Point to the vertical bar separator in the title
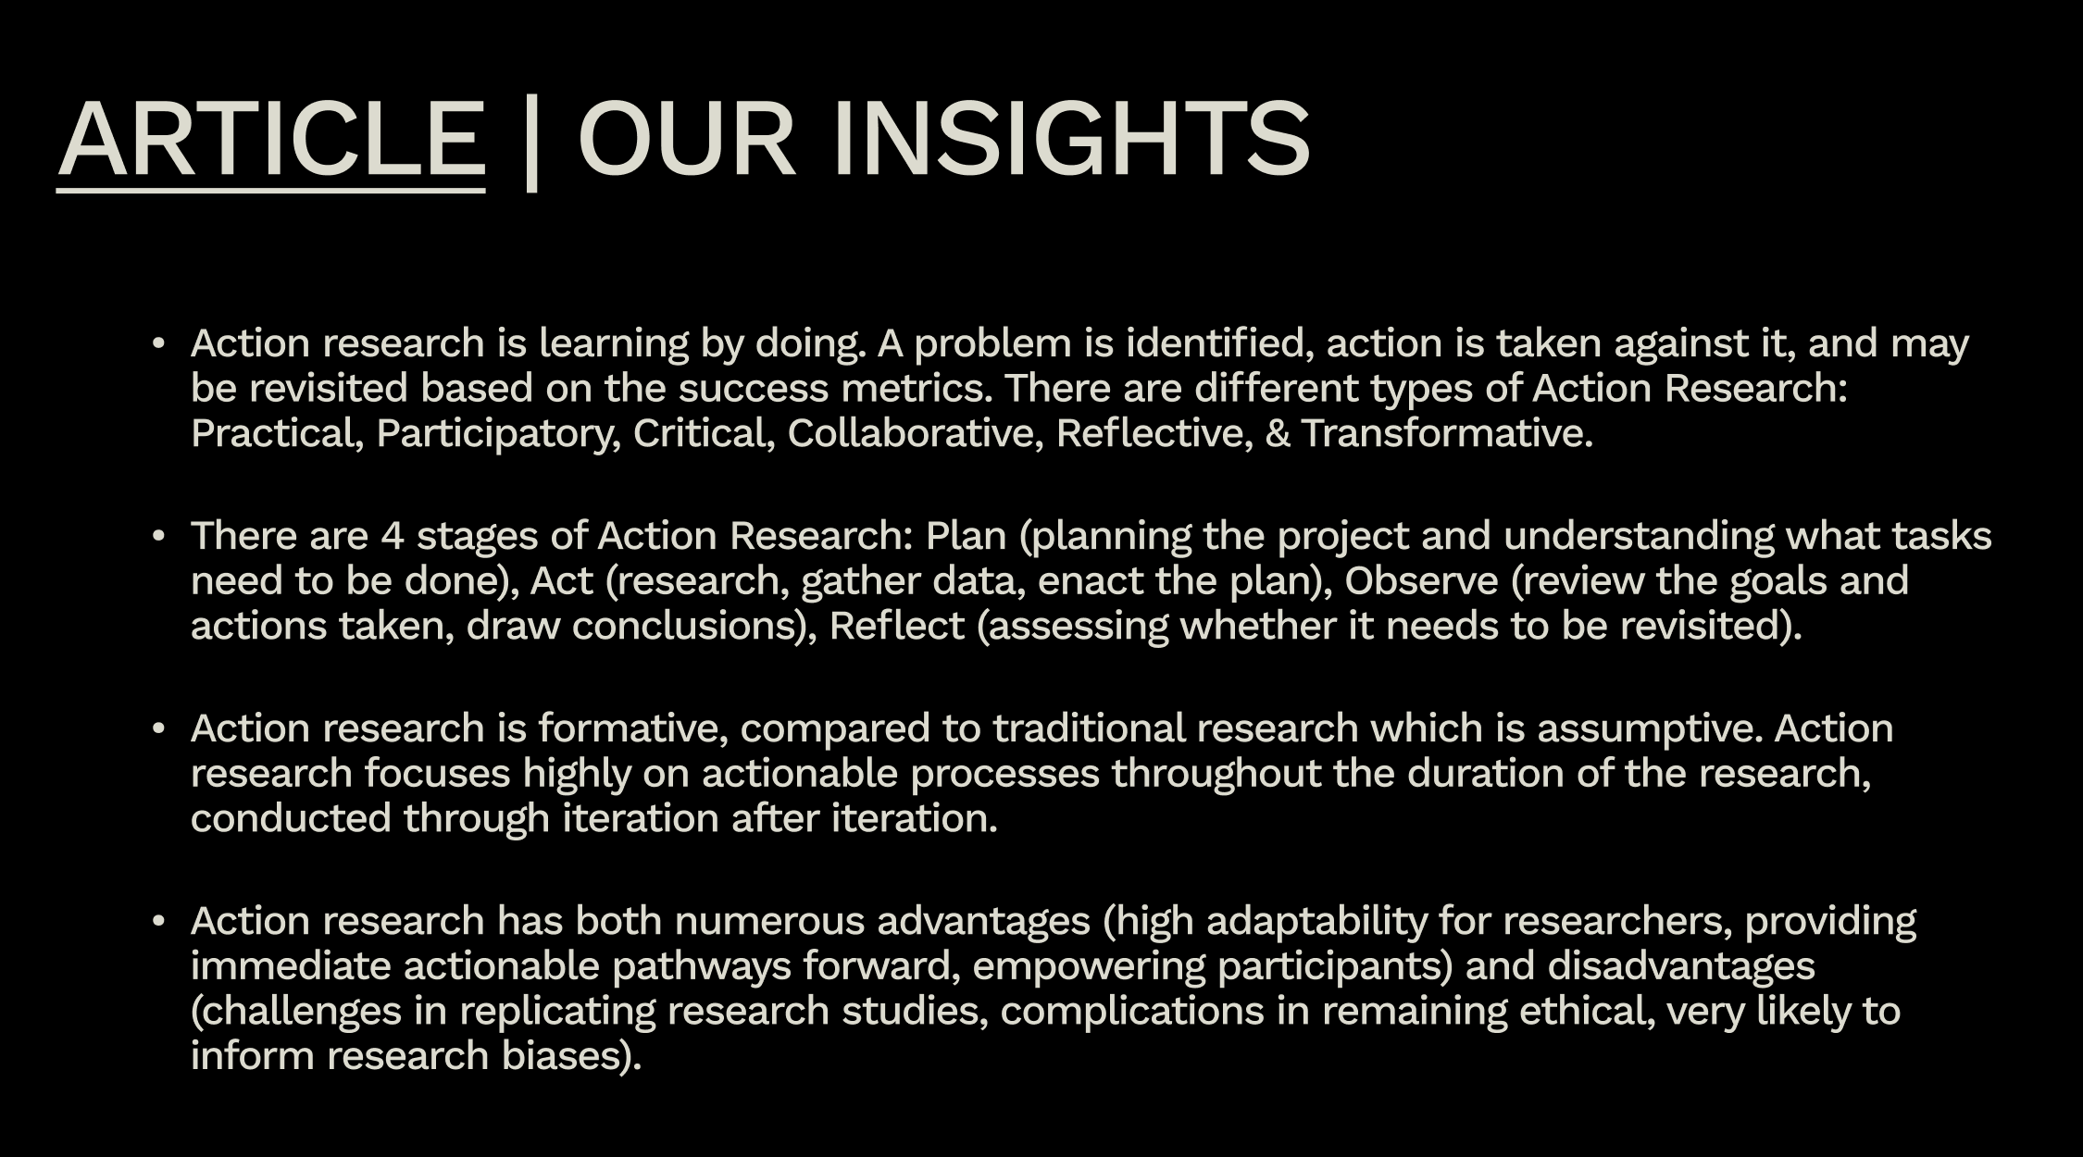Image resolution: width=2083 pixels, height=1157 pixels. (531, 143)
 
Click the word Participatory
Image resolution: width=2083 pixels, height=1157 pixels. (497, 433)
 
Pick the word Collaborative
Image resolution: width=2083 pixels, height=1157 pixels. (916, 433)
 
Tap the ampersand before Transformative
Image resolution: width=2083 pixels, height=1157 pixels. (1277, 433)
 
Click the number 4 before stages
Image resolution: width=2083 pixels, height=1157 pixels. (393, 536)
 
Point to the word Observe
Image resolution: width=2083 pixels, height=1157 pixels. (1421, 581)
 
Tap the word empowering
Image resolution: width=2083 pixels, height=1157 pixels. (1089, 966)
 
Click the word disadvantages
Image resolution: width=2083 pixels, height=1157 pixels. (1681, 966)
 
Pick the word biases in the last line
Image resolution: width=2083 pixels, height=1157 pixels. (565, 1056)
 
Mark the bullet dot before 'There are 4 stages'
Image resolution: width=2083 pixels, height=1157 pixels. (158, 536)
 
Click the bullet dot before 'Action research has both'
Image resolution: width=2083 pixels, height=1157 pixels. (158, 921)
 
